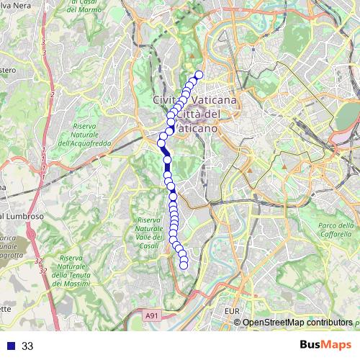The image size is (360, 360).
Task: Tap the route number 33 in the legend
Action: pyautogui.click(x=27, y=346)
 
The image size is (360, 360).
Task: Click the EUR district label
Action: pyautogui.click(x=231, y=311)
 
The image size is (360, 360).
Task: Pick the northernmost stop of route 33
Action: pyautogui.click(x=199, y=75)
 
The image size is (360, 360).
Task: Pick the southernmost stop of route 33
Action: pyautogui.click(x=184, y=265)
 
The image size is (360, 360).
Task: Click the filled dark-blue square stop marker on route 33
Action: pyautogui.click(x=167, y=160)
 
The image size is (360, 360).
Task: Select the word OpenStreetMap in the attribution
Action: pyautogui.click(x=275, y=323)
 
